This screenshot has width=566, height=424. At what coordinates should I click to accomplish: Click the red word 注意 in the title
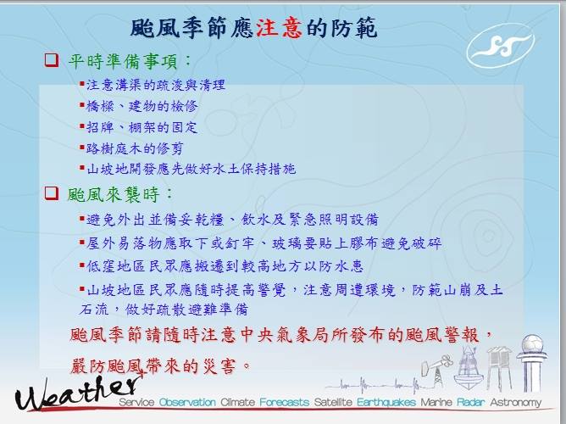279,28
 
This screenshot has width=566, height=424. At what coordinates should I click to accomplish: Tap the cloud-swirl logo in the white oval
501,46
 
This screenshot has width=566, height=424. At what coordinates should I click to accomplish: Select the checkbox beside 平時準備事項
52,60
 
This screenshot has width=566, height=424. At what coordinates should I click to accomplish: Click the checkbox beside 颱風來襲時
52,193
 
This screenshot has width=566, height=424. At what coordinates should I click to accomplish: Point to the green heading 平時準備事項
123,61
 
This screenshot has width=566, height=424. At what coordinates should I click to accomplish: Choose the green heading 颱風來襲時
114,195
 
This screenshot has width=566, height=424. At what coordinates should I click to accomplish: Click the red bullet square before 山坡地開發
82,168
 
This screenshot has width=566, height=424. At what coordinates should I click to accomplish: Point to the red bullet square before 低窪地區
82,265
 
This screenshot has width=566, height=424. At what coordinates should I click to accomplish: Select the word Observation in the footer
187,402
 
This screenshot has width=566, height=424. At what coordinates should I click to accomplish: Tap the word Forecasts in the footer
285,402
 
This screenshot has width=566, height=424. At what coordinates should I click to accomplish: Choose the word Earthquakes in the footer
386,402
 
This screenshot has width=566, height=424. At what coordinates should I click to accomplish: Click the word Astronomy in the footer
515,402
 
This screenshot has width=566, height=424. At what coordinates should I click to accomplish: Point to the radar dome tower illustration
532,363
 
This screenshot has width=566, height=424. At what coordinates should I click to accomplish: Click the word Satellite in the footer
333,402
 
